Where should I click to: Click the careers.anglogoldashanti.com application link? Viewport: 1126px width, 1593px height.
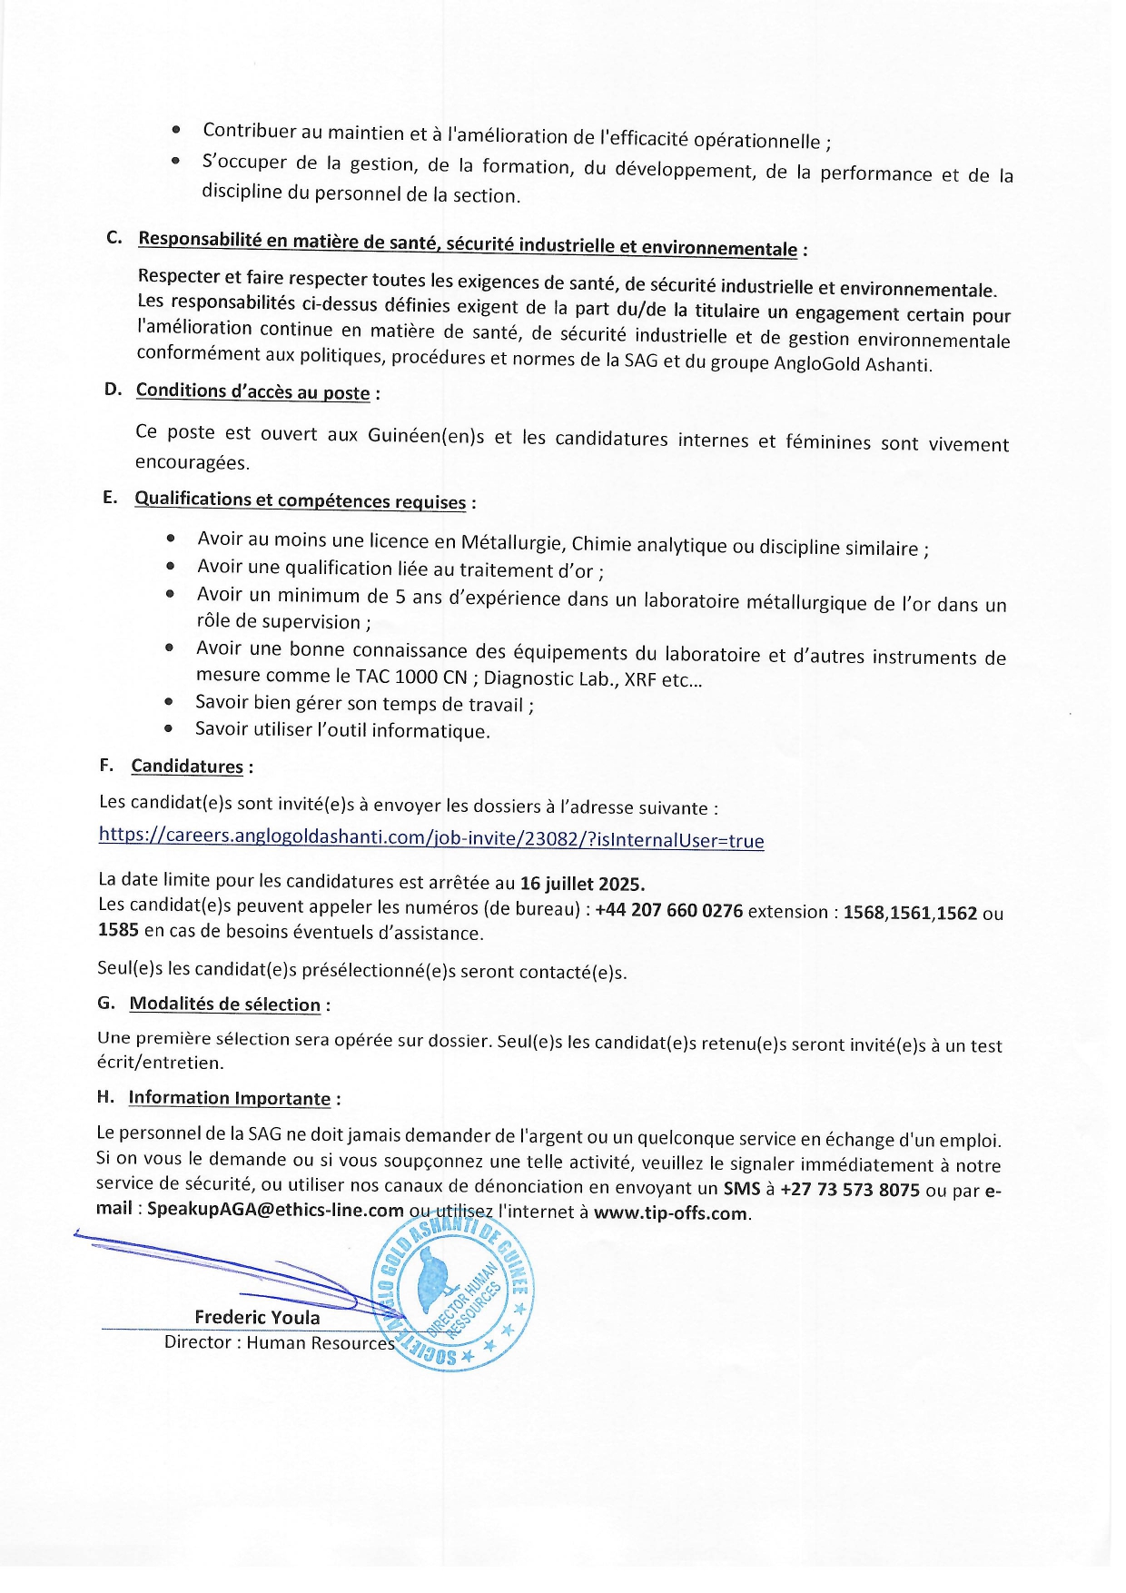point(431,837)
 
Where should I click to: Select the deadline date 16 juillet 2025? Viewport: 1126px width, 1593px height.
point(582,884)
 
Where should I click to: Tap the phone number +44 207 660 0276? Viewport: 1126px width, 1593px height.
point(668,910)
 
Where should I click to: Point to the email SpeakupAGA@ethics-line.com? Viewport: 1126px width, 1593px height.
point(275,1210)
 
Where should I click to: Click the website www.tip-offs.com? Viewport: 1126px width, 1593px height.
point(671,1213)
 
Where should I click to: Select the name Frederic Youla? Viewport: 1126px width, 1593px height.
point(257,1317)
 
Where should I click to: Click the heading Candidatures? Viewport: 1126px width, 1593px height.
point(187,767)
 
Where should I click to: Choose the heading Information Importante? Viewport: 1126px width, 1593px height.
point(229,1098)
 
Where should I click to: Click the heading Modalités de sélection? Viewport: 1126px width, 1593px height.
point(224,1004)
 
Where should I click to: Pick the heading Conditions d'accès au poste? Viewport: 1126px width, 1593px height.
point(252,391)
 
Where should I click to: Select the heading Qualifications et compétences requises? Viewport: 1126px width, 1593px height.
point(300,500)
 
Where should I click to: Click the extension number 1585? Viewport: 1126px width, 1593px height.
point(118,930)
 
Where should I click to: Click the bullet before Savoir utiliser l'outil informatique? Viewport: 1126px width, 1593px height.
point(169,728)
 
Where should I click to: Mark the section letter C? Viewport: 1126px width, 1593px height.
point(114,238)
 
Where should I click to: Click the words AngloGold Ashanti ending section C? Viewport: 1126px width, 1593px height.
point(852,364)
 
